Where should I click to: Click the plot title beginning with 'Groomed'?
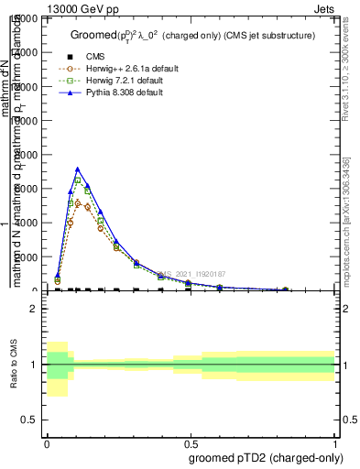193,35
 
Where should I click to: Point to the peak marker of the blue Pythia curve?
78,169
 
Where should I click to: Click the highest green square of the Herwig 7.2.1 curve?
78,180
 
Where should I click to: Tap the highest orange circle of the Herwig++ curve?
78,202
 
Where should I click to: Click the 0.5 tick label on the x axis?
191,441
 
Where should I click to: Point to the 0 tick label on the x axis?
47,441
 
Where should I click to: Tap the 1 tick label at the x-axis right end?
334,441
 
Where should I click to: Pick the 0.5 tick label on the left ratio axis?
30,420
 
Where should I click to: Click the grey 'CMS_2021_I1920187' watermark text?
192,274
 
